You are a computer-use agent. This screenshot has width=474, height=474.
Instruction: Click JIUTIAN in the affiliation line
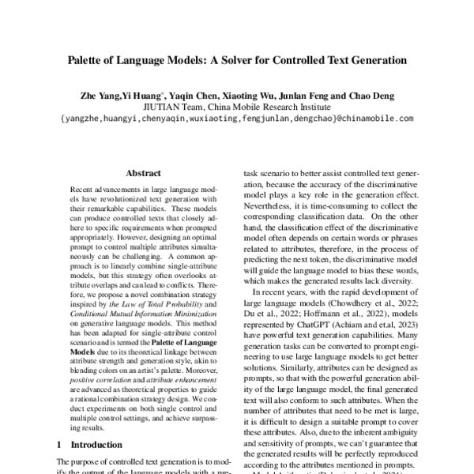[x=163, y=107]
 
